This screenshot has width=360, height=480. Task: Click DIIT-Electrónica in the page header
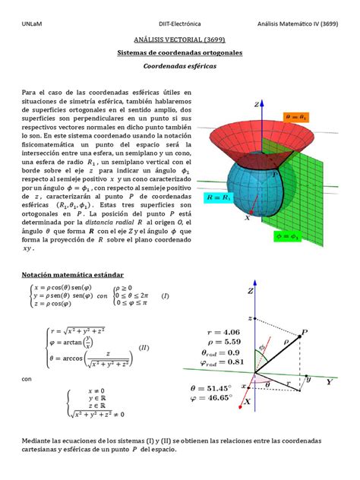[x=179, y=22]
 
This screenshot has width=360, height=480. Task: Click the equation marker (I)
[x=164, y=295]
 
